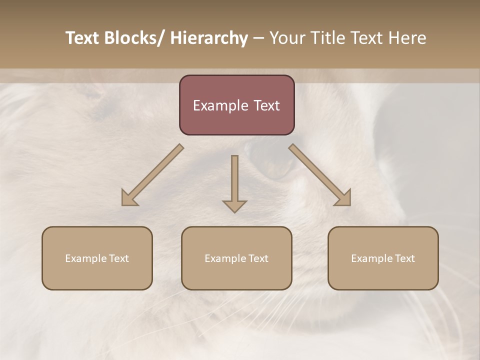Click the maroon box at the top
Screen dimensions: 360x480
236,105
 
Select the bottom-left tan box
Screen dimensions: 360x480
97,258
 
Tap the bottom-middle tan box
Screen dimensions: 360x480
236,258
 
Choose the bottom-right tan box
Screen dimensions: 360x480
383,258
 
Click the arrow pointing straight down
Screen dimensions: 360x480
234,183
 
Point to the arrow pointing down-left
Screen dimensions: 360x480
152,175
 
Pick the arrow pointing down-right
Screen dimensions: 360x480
320,175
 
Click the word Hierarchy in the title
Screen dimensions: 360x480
209,38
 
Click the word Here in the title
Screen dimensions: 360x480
407,38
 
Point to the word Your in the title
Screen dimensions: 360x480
286,38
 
